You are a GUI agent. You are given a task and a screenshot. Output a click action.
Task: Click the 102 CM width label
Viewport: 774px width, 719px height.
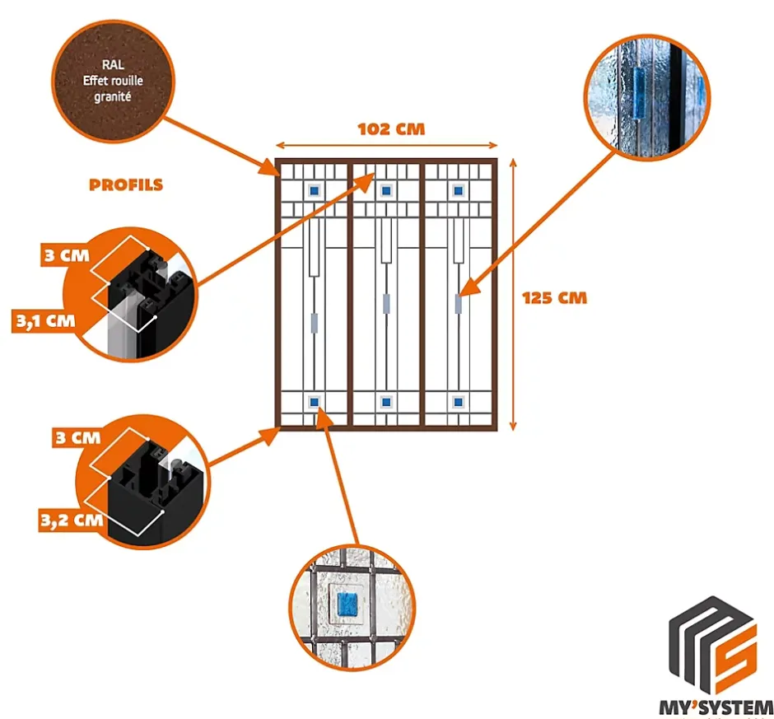pos(391,129)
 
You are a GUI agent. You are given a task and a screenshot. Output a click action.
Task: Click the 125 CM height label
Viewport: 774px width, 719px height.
pos(555,297)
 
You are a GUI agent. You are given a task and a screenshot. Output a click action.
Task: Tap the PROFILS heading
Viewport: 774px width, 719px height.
pos(126,184)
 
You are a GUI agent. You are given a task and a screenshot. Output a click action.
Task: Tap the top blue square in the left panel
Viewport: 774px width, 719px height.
pos(314,190)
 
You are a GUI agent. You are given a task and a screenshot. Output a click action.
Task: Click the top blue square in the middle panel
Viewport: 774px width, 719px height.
pos(385,190)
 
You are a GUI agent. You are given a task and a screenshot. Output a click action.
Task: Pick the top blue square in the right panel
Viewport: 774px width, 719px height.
pos(458,190)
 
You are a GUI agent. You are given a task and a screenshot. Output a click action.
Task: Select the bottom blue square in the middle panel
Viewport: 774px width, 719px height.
pos(385,402)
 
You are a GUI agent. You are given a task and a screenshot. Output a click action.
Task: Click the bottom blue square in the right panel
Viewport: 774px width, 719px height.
pos(458,402)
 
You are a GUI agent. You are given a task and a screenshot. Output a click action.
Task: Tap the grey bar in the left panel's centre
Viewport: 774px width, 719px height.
pos(314,322)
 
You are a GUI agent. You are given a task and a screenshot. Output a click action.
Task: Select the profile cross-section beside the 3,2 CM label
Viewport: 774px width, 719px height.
pos(156,486)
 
